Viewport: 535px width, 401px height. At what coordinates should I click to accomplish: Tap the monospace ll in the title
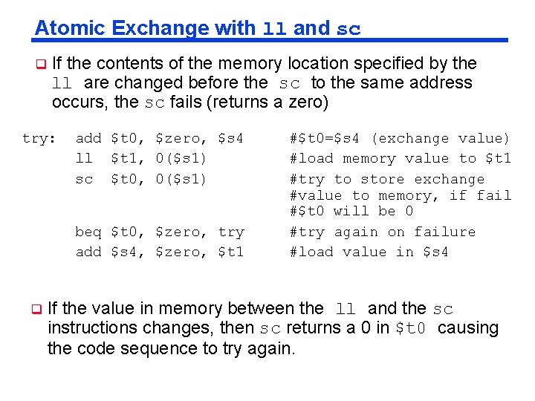275,30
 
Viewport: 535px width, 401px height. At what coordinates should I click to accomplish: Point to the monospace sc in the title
348,30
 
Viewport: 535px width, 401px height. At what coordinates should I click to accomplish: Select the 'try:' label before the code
39,138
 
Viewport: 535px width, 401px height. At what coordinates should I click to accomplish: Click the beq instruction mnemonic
88,232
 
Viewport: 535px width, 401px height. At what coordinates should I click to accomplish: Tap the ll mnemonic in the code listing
84,158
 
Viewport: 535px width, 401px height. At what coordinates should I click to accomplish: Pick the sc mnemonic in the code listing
84,178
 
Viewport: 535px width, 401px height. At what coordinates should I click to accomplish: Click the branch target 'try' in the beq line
231,232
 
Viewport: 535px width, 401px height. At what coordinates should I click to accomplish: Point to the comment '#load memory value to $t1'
400,158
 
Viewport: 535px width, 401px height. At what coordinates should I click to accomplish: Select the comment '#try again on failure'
382,232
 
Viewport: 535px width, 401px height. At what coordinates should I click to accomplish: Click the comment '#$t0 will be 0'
351,211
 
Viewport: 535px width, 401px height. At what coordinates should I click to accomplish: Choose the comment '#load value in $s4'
369,252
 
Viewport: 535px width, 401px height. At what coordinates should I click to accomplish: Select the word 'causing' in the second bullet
468,327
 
